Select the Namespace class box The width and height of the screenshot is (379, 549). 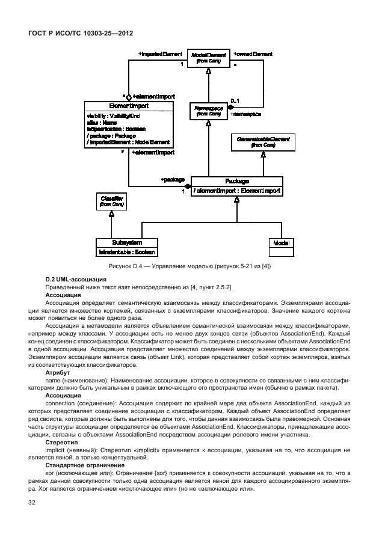point(208,110)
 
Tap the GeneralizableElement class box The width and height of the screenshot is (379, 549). point(263,143)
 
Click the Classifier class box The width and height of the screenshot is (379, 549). point(111,202)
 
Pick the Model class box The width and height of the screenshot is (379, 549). point(280,243)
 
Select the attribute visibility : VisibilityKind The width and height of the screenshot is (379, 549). point(113,115)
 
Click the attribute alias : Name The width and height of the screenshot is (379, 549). point(102,122)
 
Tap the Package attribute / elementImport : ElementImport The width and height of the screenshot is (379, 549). point(236,191)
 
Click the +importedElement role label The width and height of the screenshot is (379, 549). point(160,54)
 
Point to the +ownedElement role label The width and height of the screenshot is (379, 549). point(253,54)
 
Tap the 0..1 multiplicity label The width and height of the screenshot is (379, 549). point(235,100)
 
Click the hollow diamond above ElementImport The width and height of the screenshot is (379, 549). point(129,96)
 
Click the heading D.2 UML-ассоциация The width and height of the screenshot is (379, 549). point(76,279)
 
